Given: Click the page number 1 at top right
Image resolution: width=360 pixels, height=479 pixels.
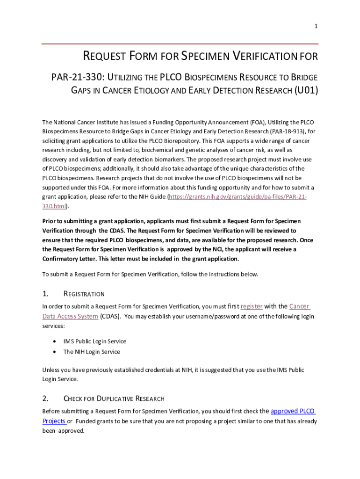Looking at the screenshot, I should pyautogui.click(x=316, y=26).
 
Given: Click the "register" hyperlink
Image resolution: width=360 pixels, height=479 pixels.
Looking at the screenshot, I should pyautogui.click(x=252, y=306).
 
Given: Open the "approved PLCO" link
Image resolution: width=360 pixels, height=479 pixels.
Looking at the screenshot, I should pyautogui.click(x=293, y=411).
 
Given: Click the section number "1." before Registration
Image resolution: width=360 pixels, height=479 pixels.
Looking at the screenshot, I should pyautogui.click(x=45, y=294).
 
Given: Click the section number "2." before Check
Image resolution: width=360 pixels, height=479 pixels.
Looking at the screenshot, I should pyautogui.click(x=45, y=399).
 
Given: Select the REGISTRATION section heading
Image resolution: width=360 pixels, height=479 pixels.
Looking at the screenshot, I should pyautogui.click(x=84, y=294).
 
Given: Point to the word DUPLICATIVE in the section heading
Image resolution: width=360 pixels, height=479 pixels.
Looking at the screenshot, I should pyautogui.click(x=114, y=399).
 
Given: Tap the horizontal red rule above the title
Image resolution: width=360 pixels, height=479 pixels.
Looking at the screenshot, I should pyautogui.click(x=180, y=44).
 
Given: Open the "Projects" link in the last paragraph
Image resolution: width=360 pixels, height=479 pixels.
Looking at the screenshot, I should pyautogui.click(x=54, y=421).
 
